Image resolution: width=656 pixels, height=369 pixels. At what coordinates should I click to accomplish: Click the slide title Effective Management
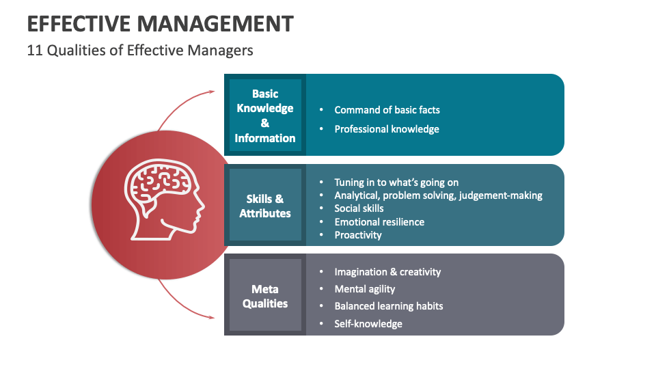tap(161, 24)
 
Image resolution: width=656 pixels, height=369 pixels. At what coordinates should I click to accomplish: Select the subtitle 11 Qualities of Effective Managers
tap(140, 51)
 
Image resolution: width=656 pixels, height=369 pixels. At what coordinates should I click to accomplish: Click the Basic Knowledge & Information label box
tap(265, 115)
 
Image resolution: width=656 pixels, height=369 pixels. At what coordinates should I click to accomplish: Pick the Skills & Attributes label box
tap(265, 206)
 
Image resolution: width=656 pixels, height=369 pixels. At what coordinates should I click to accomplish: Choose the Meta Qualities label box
tap(265, 296)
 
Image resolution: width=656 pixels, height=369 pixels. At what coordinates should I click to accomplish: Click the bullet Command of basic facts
tap(387, 109)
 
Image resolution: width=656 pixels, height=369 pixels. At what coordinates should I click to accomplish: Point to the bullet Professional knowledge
tap(387, 128)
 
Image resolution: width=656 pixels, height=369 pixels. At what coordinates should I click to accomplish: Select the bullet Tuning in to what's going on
tap(396, 182)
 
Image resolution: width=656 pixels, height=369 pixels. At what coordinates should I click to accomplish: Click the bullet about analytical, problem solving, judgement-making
tap(438, 195)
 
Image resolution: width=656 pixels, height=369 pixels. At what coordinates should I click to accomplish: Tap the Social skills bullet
tap(359, 208)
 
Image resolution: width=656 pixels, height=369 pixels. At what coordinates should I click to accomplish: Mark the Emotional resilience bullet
tap(379, 221)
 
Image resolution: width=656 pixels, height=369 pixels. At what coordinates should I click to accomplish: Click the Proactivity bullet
tap(358, 234)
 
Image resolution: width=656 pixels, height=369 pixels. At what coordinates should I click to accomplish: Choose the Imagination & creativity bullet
tap(387, 272)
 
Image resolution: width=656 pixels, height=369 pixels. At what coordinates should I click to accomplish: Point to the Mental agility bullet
tap(365, 288)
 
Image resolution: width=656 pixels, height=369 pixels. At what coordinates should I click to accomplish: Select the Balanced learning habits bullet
tap(389, 306)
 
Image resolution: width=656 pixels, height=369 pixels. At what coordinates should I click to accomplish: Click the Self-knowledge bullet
tap(368, 323)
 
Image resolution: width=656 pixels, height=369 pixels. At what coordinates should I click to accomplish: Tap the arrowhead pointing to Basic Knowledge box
tap(210, 92)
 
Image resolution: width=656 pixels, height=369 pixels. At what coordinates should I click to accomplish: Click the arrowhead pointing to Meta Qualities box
tap(210, 317)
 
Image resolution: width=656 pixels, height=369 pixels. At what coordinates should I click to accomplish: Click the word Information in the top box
tap(265, 138)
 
